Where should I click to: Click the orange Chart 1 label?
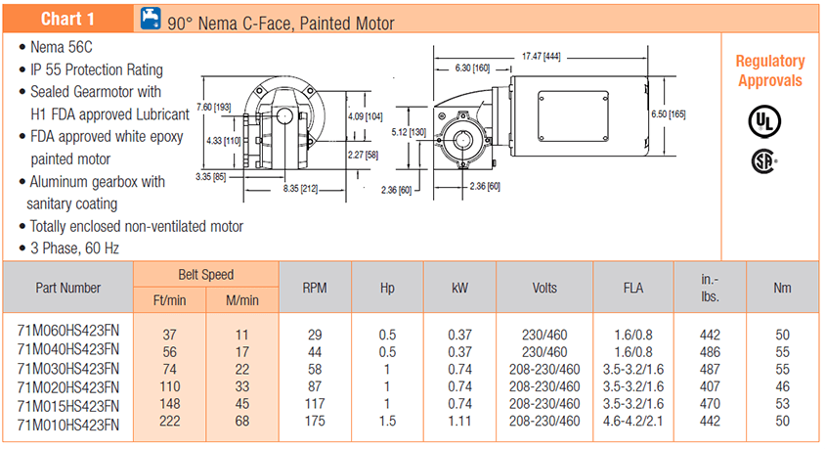point(67,19)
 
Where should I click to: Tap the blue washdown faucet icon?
point(151,19)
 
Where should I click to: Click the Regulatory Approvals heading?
point(770,70)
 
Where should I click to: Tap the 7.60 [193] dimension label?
point(213,106)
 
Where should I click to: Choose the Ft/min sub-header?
point(169,299)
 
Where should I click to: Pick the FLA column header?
point(632,288)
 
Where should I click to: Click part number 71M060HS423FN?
point(68,333)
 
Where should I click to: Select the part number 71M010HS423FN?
point(68,424)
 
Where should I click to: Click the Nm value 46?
point(782,387)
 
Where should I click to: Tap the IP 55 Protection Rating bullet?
point(96,69)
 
